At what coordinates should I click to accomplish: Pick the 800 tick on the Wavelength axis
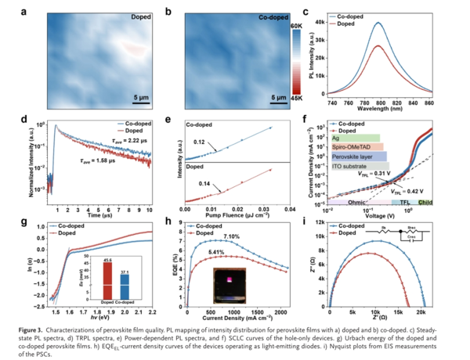(x=379, y=103)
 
